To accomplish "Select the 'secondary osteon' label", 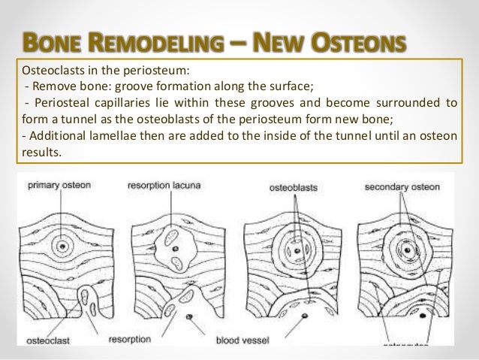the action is (x=396, y=185).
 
